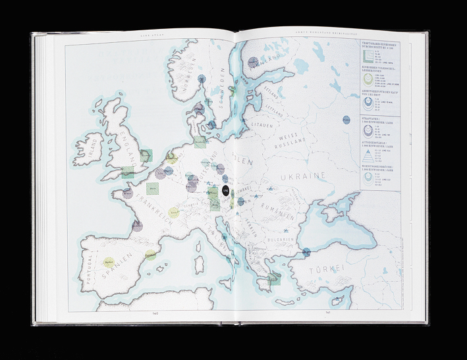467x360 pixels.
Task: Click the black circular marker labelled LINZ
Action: click(x=225, y=190)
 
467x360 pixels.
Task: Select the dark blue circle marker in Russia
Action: click(x=346, y=120)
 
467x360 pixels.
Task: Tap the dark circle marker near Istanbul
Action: click(x=306, y=251)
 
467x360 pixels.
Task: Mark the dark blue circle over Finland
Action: click(x=254, y=62)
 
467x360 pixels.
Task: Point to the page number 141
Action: click(x=329, y=313)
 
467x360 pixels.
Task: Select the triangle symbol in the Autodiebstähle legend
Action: click(x=368, y=155)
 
